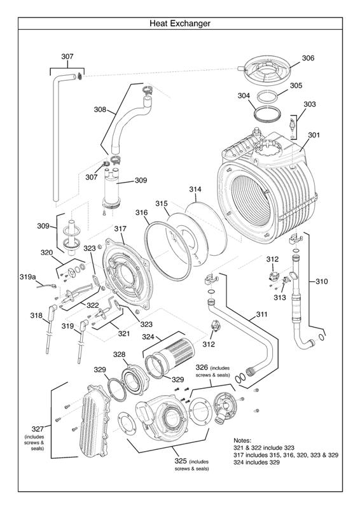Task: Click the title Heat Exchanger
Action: pyautogui.click(x=180, y=24)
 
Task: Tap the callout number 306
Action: pyautogui.click(x=308, y=58)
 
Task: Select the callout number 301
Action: pyautogui.click(x=314, y=134)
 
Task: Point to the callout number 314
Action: pyautogui.click(x=195, y=189)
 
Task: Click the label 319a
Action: pyautogui.click(x=27, y=277)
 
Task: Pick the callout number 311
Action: pyautogui.click(x=261, y=314)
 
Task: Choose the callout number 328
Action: pyautogui.click(x=119, y=354)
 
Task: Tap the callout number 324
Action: pyautogui.click(x=148, y=337)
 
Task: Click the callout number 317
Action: pyautogui.click(x=120, y=228)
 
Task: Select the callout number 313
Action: pyautogui.click(x=280, y=297)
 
